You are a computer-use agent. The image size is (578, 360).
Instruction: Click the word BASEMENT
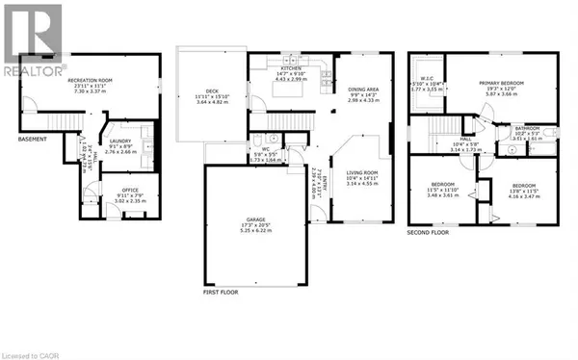click(x=35, y=137)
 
